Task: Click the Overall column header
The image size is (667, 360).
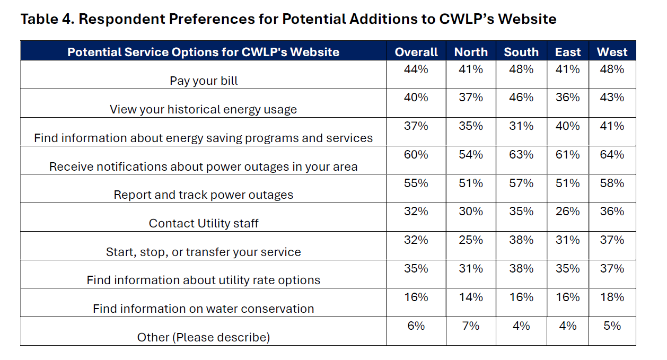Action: coord(416,52)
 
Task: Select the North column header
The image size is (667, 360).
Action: coord(471,52)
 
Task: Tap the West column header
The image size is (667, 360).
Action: coord(612,52)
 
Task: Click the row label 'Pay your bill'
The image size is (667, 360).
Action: coord(204,81)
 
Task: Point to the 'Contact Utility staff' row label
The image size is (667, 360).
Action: coord(204,223)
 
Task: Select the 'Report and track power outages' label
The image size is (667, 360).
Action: coord(204,195)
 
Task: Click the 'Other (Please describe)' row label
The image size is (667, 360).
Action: coord(204,337)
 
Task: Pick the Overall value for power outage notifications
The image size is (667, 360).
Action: coord(416,155)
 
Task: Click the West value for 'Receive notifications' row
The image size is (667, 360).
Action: coord(612,155)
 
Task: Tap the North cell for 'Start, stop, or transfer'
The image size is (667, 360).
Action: coord(471,240)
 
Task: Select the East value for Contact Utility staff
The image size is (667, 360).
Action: coord(567,212)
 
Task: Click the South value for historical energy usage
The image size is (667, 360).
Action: coord(521,98)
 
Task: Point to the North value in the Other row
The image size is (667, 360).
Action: coord(471,326)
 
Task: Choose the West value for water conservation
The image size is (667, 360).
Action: coord(612,297)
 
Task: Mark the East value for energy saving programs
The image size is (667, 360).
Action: coord(567,126)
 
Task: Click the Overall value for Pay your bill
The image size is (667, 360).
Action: coord(416,69)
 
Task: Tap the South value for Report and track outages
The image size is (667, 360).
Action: coord(521,183)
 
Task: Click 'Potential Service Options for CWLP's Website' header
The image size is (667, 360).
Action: coord(204,52)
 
